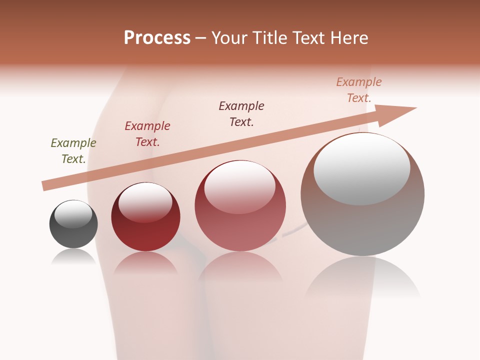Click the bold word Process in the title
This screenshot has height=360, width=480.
coord(157,38)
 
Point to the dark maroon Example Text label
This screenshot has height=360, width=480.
coord(241,114)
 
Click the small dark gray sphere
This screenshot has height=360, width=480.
coord(73,232)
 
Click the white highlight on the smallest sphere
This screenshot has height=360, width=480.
coord(73,214)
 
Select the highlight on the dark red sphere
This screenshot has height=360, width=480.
coord(145,202)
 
